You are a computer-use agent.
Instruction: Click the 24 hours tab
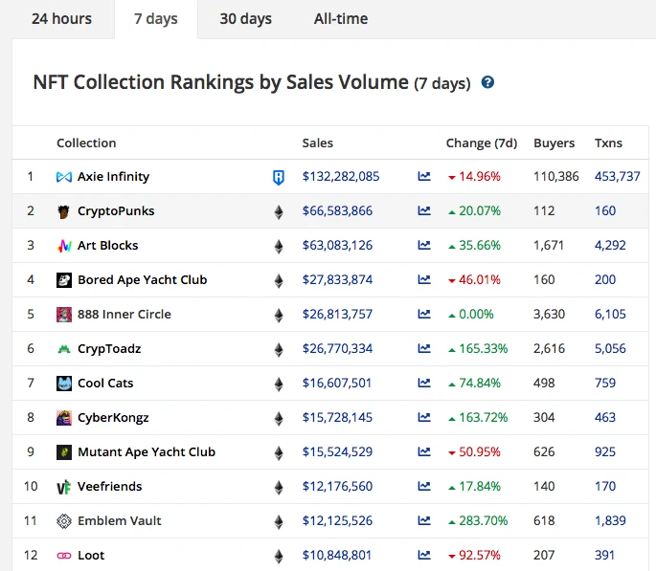click(61, 19)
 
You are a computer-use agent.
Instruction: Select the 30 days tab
click(245, 19)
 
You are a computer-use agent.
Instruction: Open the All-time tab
click(340, 19)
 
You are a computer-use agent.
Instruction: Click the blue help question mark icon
click(487, 82)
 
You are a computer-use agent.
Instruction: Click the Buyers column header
click(554, 143)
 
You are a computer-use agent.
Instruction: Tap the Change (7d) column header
click(481, 143)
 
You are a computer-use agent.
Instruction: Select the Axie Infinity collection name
click(113, 177)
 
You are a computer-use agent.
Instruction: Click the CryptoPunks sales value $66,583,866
click(337, 211)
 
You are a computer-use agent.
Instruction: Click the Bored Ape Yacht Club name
click(142, 280)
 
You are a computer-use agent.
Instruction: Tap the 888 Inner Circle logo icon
click(64, 315)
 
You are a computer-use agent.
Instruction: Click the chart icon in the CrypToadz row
click(424, 349)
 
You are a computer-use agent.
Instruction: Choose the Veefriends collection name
click(109, 487)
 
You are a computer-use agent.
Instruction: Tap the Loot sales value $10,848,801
click(337, 556)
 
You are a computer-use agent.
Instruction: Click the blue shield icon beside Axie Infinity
click(279, 177)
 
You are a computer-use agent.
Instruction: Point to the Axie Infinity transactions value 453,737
click(617, 177)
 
